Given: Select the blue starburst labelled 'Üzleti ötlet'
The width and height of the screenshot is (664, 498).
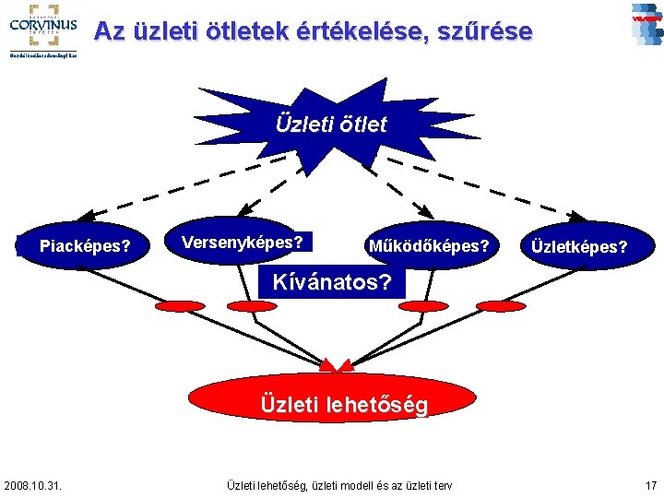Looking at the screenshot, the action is [331, 125].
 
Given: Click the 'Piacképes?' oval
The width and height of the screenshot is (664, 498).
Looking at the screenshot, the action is [84, 246].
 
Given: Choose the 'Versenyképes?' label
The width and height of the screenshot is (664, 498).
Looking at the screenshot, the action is [243, 243].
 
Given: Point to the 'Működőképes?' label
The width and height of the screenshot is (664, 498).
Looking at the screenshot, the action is [428, 246].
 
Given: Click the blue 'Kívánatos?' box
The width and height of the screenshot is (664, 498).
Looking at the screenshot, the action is [332, 282].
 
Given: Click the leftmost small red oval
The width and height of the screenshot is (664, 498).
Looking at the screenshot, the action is [181, 305].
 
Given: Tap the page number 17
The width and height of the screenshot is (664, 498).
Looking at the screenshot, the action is [651, 485].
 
